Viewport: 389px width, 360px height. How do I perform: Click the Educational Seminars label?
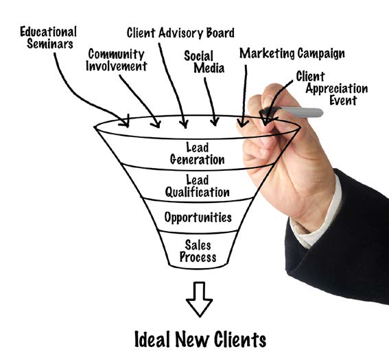pyautogui.click(x=49, y=38)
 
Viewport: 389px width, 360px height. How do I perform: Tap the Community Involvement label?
pyautogui.click(x=117, y=60)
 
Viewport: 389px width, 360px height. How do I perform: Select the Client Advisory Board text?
pyautogui.click(x=180, y=33)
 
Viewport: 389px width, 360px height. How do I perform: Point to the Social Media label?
pyautogui.click(x=204, y=62)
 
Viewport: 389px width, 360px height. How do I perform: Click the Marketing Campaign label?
pyautogui.click(x=292, y=53)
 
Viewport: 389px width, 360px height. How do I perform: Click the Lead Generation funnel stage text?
pyautogui.click(x=197, y=154)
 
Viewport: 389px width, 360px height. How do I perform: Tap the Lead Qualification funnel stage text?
pyautogui.click(x=197, y=187)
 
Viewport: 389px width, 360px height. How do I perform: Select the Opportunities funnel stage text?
pyautogui.click(x=198, y=217)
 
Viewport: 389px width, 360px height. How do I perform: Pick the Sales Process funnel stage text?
pyautogui.click(x=198, y=251)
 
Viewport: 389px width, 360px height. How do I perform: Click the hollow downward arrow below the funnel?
pyautogui.click(x=199, y=300)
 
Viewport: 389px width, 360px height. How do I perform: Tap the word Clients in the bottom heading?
pyautogui.click(x=240, y=339)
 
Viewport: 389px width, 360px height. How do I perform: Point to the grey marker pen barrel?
pyautogui.click(x=300, y=112)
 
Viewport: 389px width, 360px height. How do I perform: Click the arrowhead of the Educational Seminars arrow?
pyautogui.click(x=125, y=121)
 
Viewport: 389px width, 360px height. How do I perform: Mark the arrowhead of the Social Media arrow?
pyautogui.click(x=214, y=121)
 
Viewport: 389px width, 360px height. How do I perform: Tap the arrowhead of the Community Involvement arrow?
pyautogui.click(x=156, y=123)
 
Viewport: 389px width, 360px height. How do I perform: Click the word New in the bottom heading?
pyautogui.click(x=191, y=339)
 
